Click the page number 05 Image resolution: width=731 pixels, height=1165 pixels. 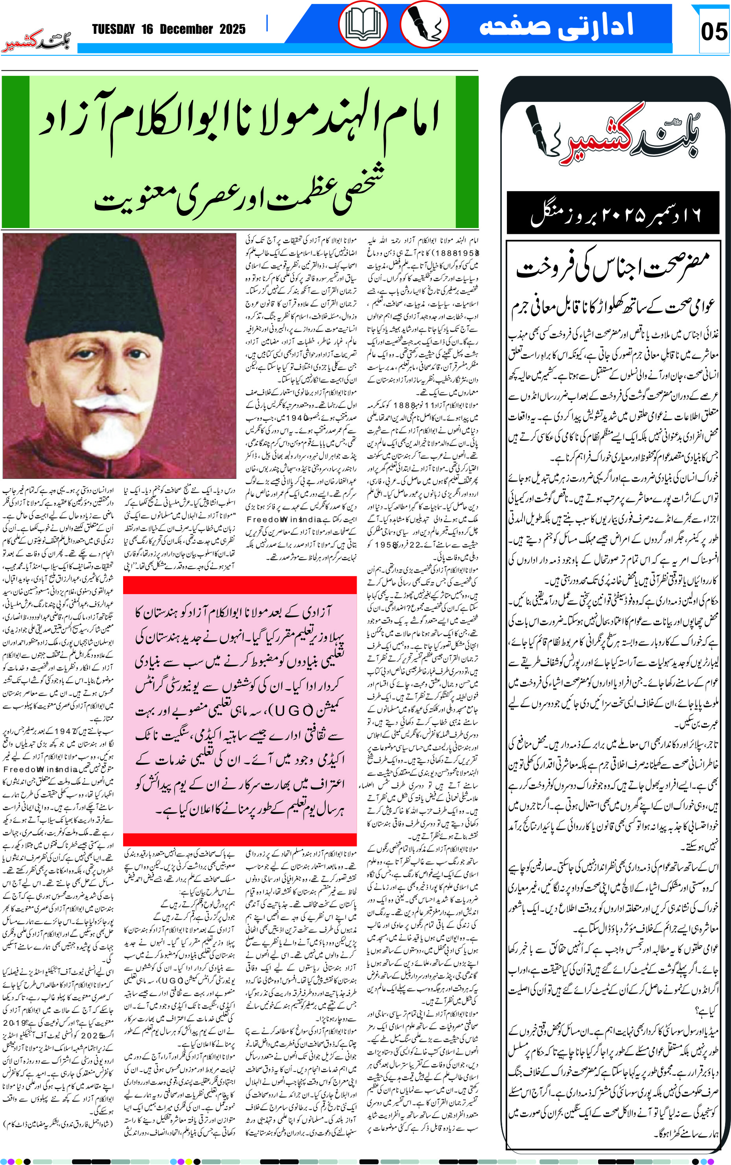[x=714, y=32]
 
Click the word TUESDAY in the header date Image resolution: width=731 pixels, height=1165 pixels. [x=114, y=29]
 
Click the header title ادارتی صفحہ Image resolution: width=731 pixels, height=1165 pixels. [x=556, y=25]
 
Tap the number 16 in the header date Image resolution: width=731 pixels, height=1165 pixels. [x=147, y=29]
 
